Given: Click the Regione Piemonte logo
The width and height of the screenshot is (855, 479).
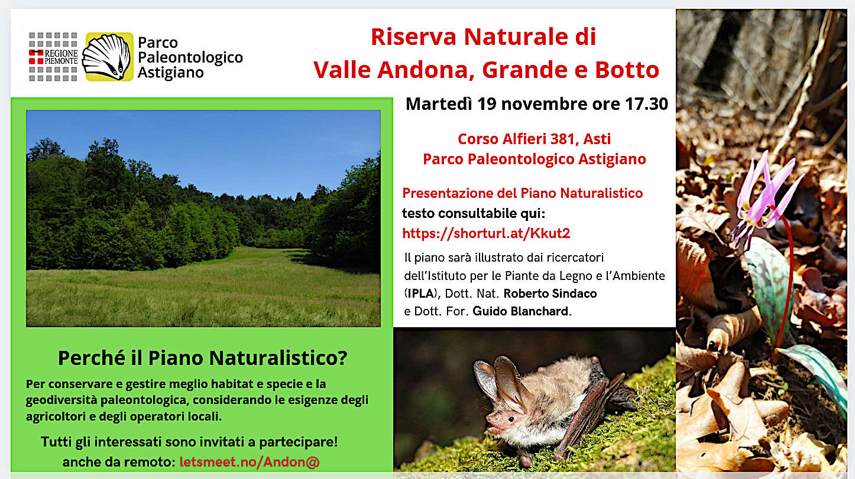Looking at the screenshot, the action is tap(53, 57).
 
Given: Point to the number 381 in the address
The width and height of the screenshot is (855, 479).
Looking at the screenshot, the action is tap(563, 139).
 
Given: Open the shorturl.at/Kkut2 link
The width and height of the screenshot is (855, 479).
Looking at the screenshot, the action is tap(486, 233).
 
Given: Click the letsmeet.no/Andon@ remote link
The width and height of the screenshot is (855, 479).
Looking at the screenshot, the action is tap(250, 462).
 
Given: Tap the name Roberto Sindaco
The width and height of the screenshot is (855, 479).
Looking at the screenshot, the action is tap(550, 294).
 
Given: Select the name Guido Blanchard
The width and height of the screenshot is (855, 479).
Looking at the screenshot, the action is tap(521, 311).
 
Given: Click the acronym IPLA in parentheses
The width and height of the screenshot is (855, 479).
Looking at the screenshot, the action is tap(420, 294).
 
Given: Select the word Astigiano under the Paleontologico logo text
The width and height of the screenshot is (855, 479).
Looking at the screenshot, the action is tap(171, 73).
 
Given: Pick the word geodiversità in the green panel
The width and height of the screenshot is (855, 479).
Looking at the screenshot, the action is tap(61, 400).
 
